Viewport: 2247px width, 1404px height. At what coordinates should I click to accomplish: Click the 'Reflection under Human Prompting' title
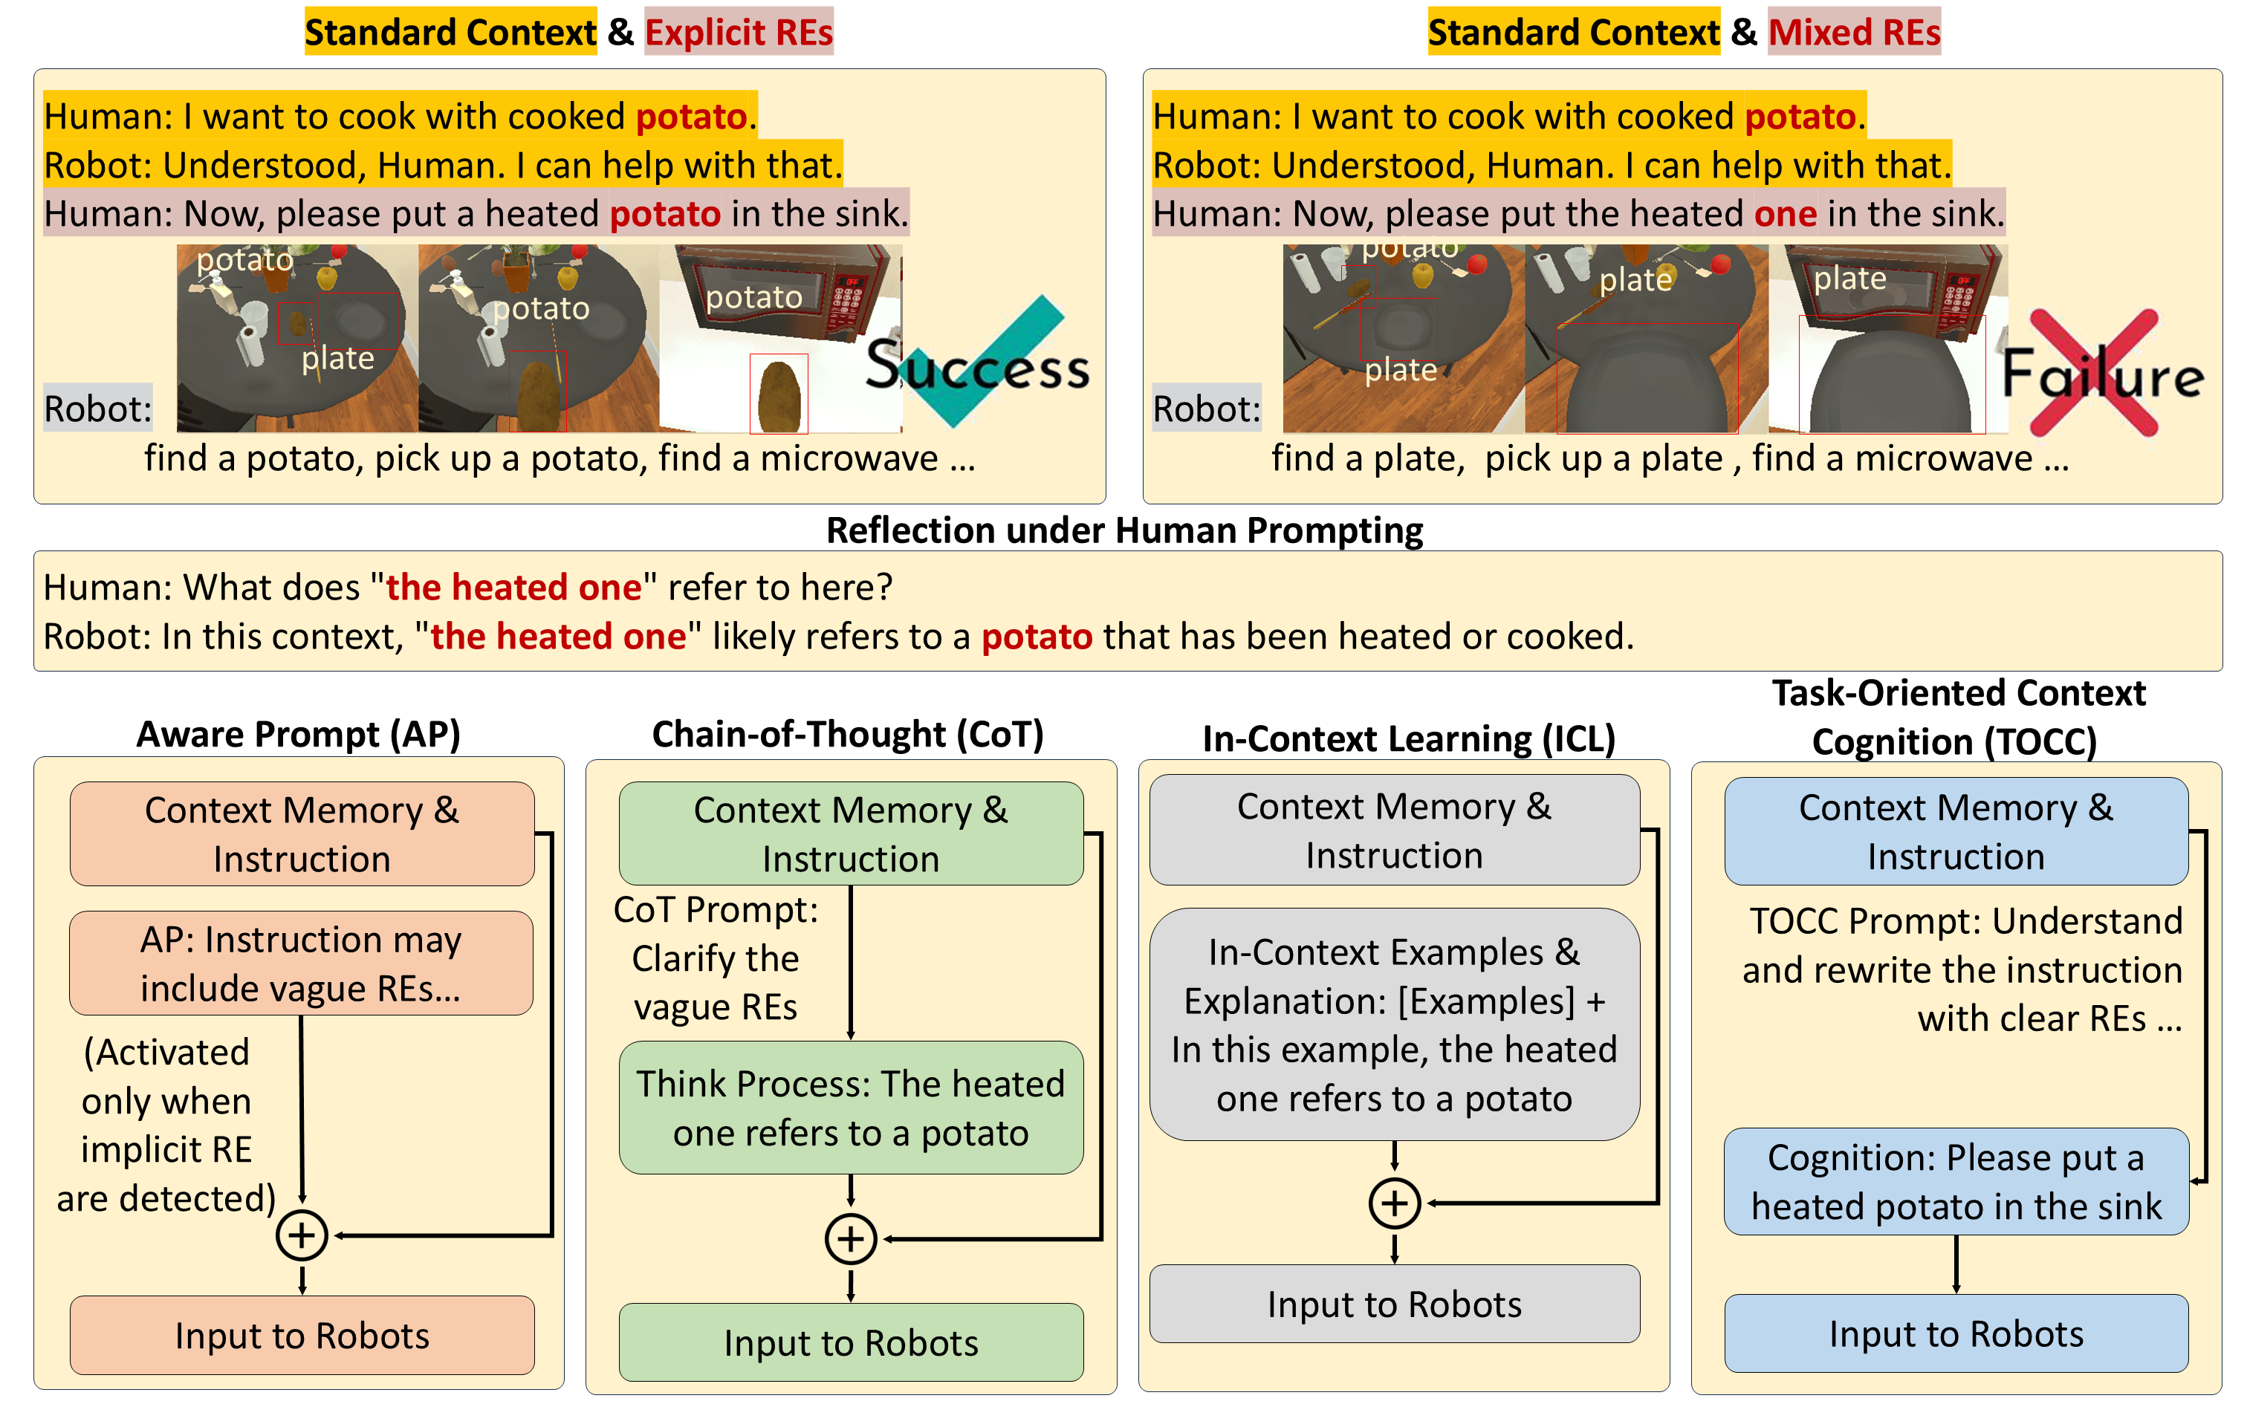tap(1123, 530)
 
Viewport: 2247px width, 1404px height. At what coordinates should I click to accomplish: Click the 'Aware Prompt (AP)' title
tap(298, 735)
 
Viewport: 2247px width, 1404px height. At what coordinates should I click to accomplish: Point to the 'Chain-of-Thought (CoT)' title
tap(848, 735)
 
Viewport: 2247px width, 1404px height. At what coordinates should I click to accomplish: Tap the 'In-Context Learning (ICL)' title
tap(1409, 739)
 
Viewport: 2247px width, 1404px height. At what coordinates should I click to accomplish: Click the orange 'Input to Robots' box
tap(302, 1336)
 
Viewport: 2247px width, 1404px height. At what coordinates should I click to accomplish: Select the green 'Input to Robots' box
tap(851, 1343)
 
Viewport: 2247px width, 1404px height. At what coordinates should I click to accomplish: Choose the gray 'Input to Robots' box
tap(1394, 1304)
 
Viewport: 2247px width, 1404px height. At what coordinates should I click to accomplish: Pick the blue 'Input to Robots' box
tap(1956, 1333)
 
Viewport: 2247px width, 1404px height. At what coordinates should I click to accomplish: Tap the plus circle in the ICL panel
tap(1395, 1203)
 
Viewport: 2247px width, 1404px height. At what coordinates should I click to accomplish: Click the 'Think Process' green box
tap(851, 1108)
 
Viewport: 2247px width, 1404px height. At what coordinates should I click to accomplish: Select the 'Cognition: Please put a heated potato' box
tap(1956, 1182)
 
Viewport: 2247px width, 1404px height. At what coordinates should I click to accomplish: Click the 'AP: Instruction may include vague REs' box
tap(301, 963)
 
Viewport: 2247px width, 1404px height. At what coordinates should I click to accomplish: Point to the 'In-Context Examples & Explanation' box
tap(1394, 1024)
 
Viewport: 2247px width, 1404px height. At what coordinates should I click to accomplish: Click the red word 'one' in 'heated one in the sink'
tap(1785, 214)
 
